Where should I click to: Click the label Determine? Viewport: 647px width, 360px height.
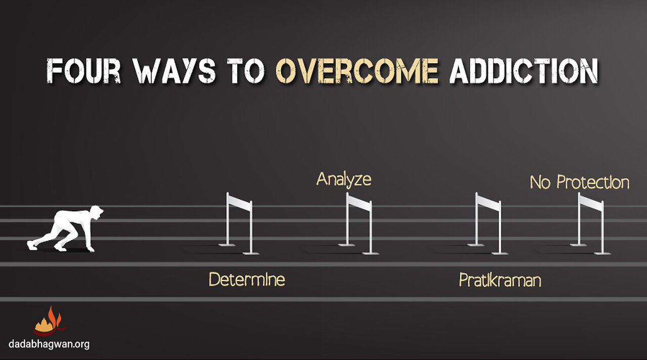click(x=247, y=279)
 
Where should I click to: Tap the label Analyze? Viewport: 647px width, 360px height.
click(x=344, y=179)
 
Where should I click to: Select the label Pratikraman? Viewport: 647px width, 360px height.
click(x=499, y=280)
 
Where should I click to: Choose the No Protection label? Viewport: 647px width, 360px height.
click(x=579, y=183)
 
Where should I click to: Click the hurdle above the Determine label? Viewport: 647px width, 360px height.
click(x=240, y=222)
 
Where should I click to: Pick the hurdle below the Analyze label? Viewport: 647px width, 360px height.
click(x=359, y=222)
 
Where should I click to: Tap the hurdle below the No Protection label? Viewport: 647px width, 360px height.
click(x=591, y=222)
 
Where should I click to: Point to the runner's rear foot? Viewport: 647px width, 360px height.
click(x=32, y=245)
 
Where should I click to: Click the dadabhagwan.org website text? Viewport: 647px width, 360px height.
click(x=49, y=344)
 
